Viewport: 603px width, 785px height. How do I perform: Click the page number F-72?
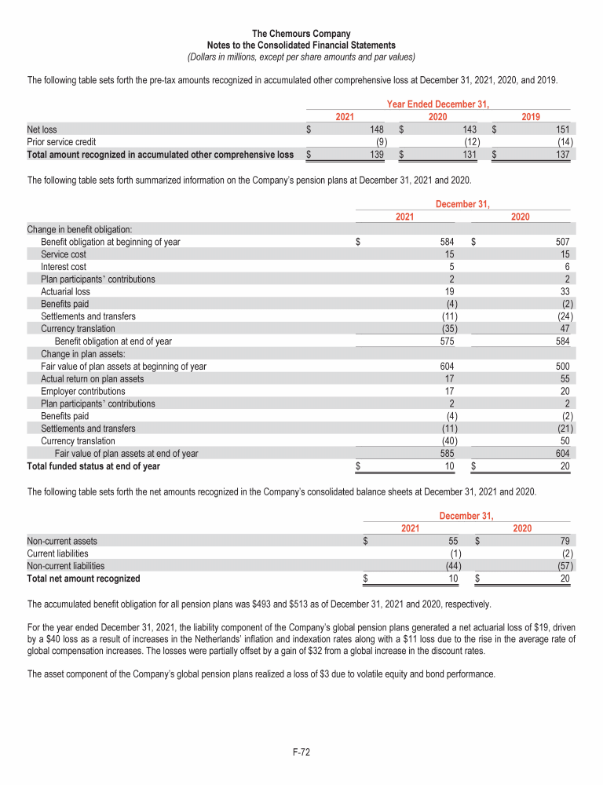(x=301, y=753)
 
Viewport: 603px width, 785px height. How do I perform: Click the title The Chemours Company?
(x=301, y=34)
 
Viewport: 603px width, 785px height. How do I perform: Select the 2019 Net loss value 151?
(x=565, y=130)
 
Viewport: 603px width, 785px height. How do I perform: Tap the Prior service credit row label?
(x=61, y=142)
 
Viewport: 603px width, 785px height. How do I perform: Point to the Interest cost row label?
(x=64, y=267)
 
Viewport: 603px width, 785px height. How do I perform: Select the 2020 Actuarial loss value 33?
(x=565, y=291)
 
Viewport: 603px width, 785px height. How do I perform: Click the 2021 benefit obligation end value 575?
(x=447, y=341)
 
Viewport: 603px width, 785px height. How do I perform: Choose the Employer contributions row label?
(x=82, y=391)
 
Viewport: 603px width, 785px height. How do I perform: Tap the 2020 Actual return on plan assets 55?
(x=565, y=378)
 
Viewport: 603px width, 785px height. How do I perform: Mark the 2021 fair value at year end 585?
(x=447, y=453)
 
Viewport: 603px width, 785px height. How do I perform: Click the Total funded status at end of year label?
(x=93, y=466)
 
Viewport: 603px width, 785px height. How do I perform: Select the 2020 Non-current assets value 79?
(x=565, y=541)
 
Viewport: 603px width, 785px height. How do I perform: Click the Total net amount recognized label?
(x=84, y=579)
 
